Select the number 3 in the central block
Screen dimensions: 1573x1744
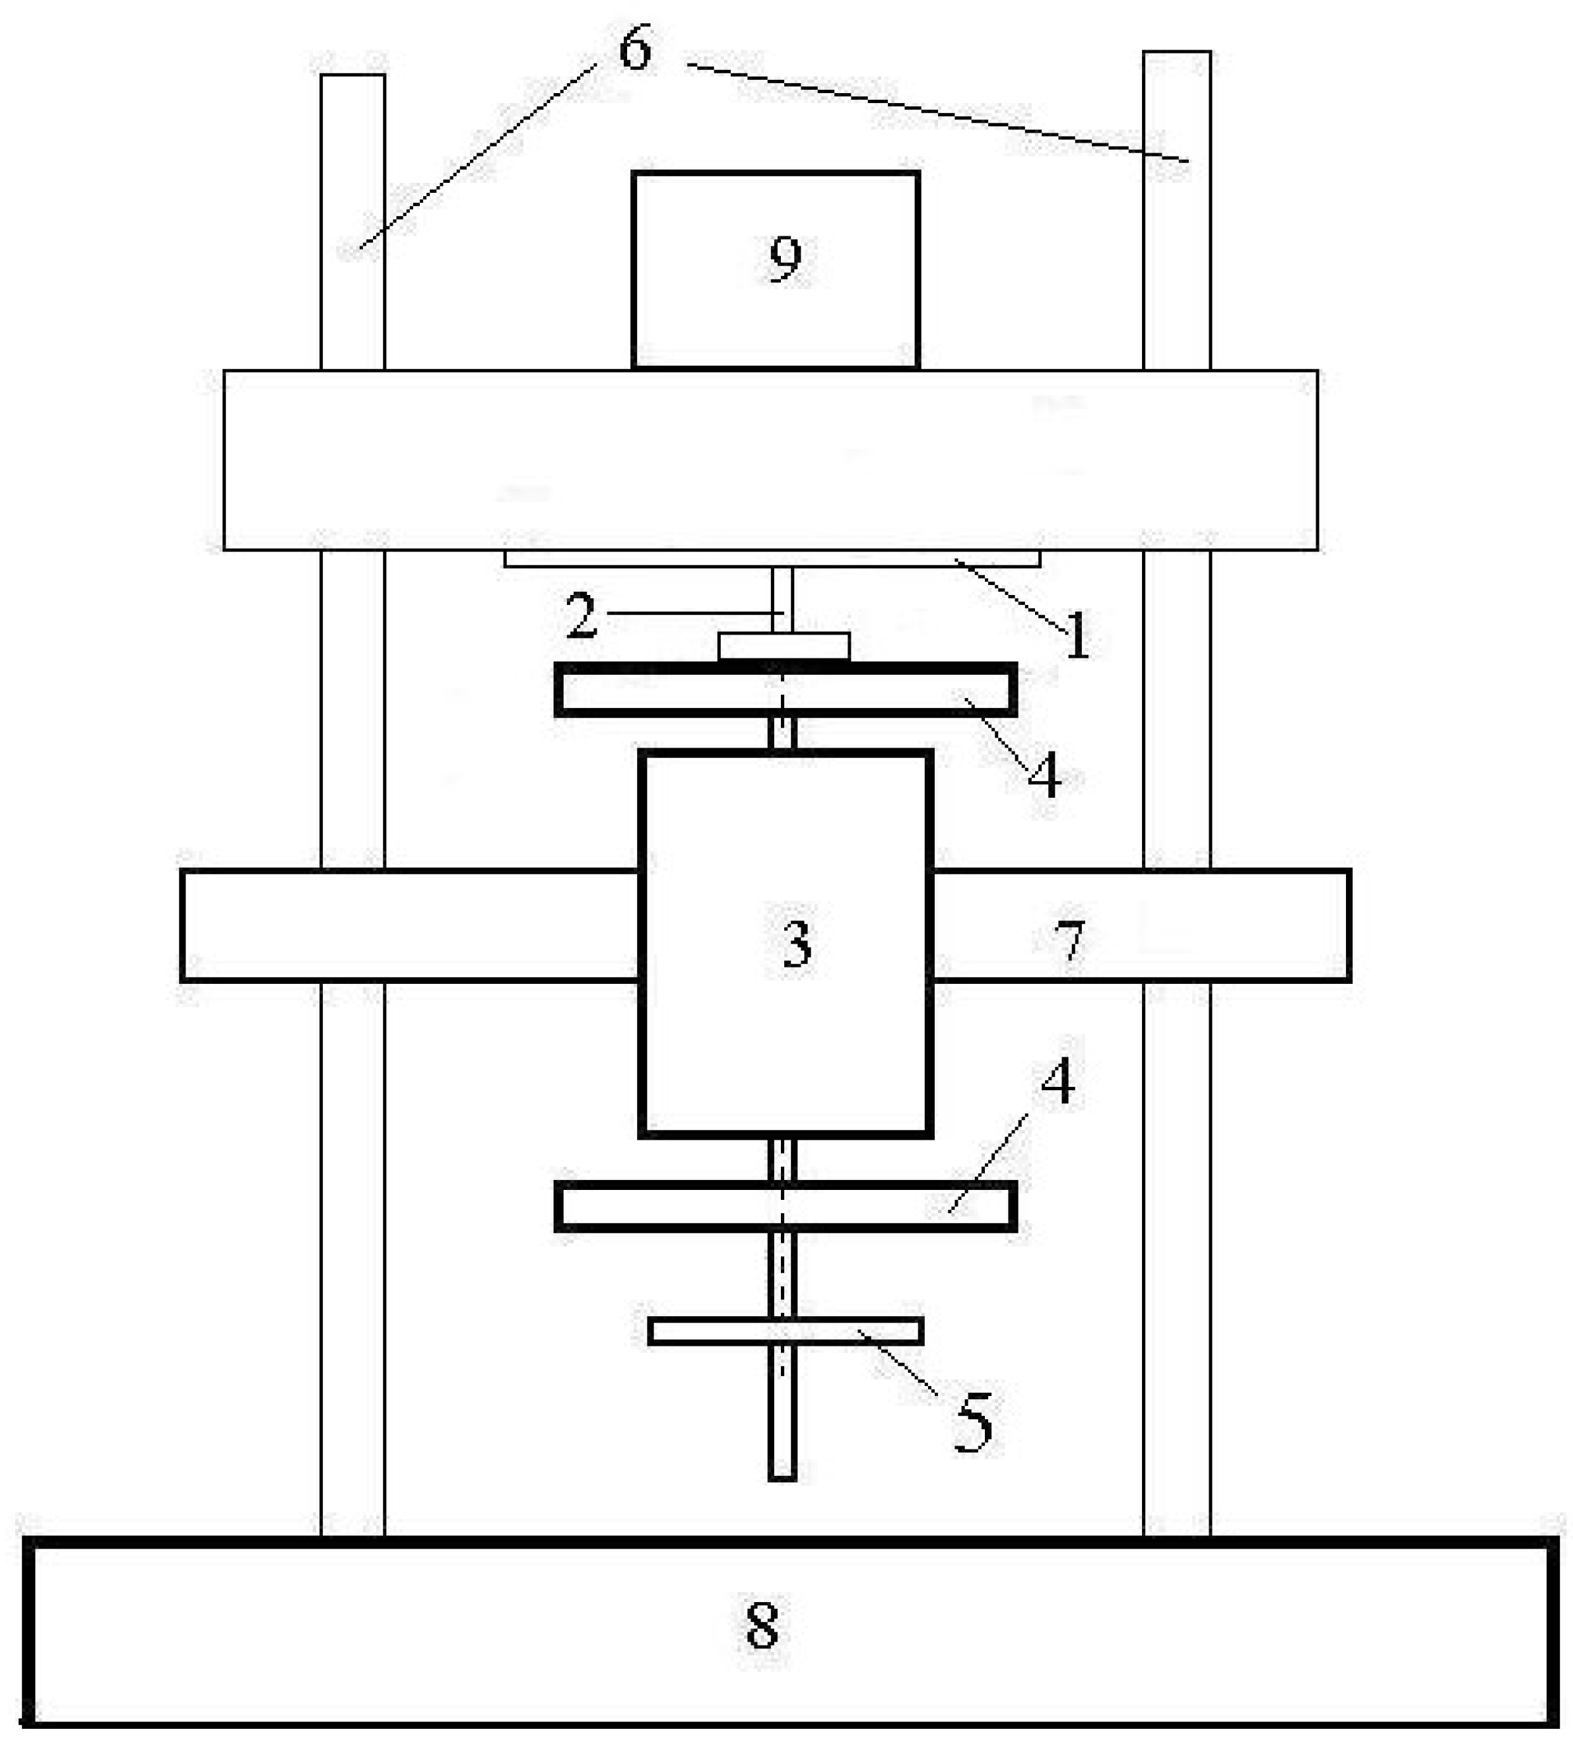coord(797,944)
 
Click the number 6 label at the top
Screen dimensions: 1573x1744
coord(635,50)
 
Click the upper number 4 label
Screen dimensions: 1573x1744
coord(1044,775)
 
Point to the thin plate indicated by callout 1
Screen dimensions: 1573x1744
coord(772,559)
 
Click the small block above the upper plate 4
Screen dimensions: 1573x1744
coord(784,646)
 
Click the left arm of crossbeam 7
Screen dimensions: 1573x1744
coord(411,925)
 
